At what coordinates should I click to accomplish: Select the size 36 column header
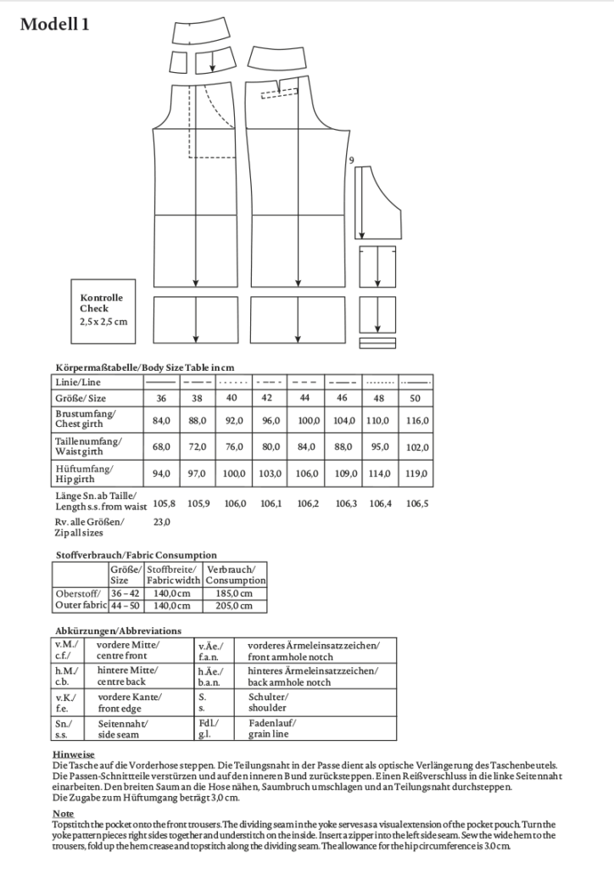point(161,398)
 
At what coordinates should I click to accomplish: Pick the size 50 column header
point(416,398)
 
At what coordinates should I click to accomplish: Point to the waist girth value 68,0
point(161,447)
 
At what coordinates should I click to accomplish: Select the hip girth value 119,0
point(416,474)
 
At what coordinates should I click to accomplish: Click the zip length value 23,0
point(161,522)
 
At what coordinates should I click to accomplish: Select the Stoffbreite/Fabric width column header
point(173,575)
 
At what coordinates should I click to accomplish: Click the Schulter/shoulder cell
point(268,702)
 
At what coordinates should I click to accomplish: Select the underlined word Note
point(62,813)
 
